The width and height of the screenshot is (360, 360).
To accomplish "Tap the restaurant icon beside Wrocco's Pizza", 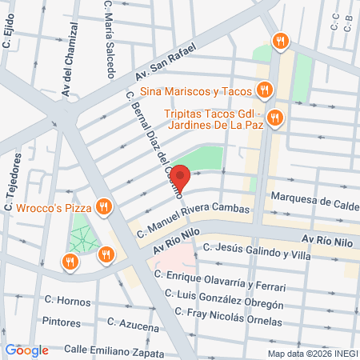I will point(102,208).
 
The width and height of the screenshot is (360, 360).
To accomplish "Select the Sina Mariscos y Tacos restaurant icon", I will point(262,89).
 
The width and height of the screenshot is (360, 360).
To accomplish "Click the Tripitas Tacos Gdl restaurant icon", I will point(274,118).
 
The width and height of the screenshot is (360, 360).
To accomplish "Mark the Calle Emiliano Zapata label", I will point(115,350).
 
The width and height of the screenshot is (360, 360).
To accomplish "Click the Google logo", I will point(27,350).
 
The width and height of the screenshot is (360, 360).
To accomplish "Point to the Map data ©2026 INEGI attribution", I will point(311,354).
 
